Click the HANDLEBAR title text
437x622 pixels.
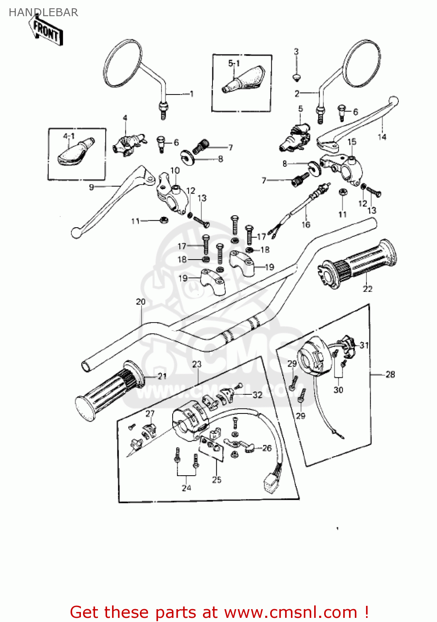[43, 12]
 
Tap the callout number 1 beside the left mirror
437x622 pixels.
[191, 94]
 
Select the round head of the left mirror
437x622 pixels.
[122, 63]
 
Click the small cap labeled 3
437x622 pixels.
[296, 77]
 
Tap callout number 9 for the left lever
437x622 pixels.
[91, 187]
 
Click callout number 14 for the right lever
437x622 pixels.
[382, 136]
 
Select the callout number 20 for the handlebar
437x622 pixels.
[141, 301]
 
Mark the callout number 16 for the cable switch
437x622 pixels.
[306, 225]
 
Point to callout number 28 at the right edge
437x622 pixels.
[390, 374]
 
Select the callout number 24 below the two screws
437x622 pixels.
[186, 488]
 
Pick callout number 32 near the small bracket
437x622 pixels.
[257, 395]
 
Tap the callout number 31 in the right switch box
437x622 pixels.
[364, 345]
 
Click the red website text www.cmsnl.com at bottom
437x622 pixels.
[291, 612]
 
